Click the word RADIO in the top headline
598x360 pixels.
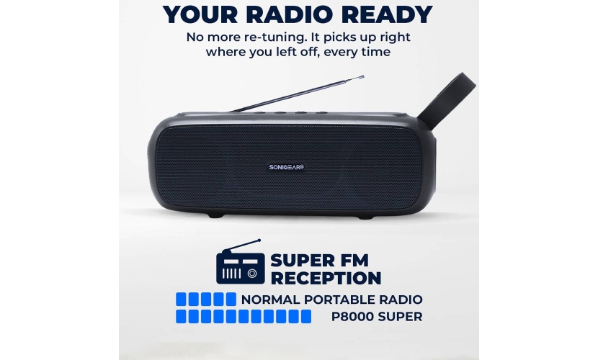click(x=289, y=14)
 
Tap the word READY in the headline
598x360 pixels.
click(x=385, y=14)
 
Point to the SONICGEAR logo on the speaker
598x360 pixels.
click(x=287, y=167)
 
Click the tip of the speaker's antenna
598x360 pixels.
click(x=362, y=76)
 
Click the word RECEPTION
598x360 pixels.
click(x=326, y=278)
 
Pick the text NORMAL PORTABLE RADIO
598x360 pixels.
click(x=332, y=300)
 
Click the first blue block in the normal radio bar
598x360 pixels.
click(x=181, y=300)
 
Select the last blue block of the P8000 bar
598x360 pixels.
click(x=306, y=317)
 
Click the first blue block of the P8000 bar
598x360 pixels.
click(x=181, y=317)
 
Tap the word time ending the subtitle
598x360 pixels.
click(x=375, y=52)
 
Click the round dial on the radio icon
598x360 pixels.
click(x=252, y=274)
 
